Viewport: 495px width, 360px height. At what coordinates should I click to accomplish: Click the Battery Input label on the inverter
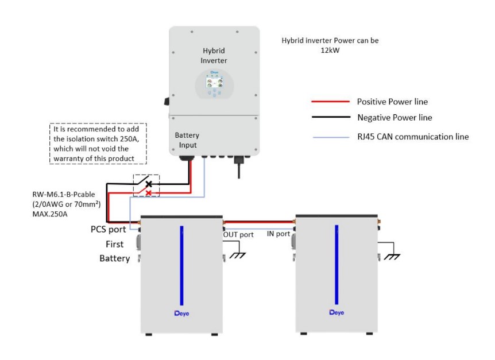(x=187, y=140)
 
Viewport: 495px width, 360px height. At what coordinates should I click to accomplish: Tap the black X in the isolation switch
(x=149, y=184)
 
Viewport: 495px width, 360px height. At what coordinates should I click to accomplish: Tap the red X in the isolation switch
(x=149, y=193)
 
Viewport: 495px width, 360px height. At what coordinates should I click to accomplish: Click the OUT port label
(x=238, y=234)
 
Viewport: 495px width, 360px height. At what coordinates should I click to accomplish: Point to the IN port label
(x=279, y=234)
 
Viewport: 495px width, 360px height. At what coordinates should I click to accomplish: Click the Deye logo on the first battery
(x=182, y=313)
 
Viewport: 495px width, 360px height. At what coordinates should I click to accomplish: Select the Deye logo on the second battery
(x=337, y=313)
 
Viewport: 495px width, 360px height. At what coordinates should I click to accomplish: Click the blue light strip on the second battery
(x=337, y=265)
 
